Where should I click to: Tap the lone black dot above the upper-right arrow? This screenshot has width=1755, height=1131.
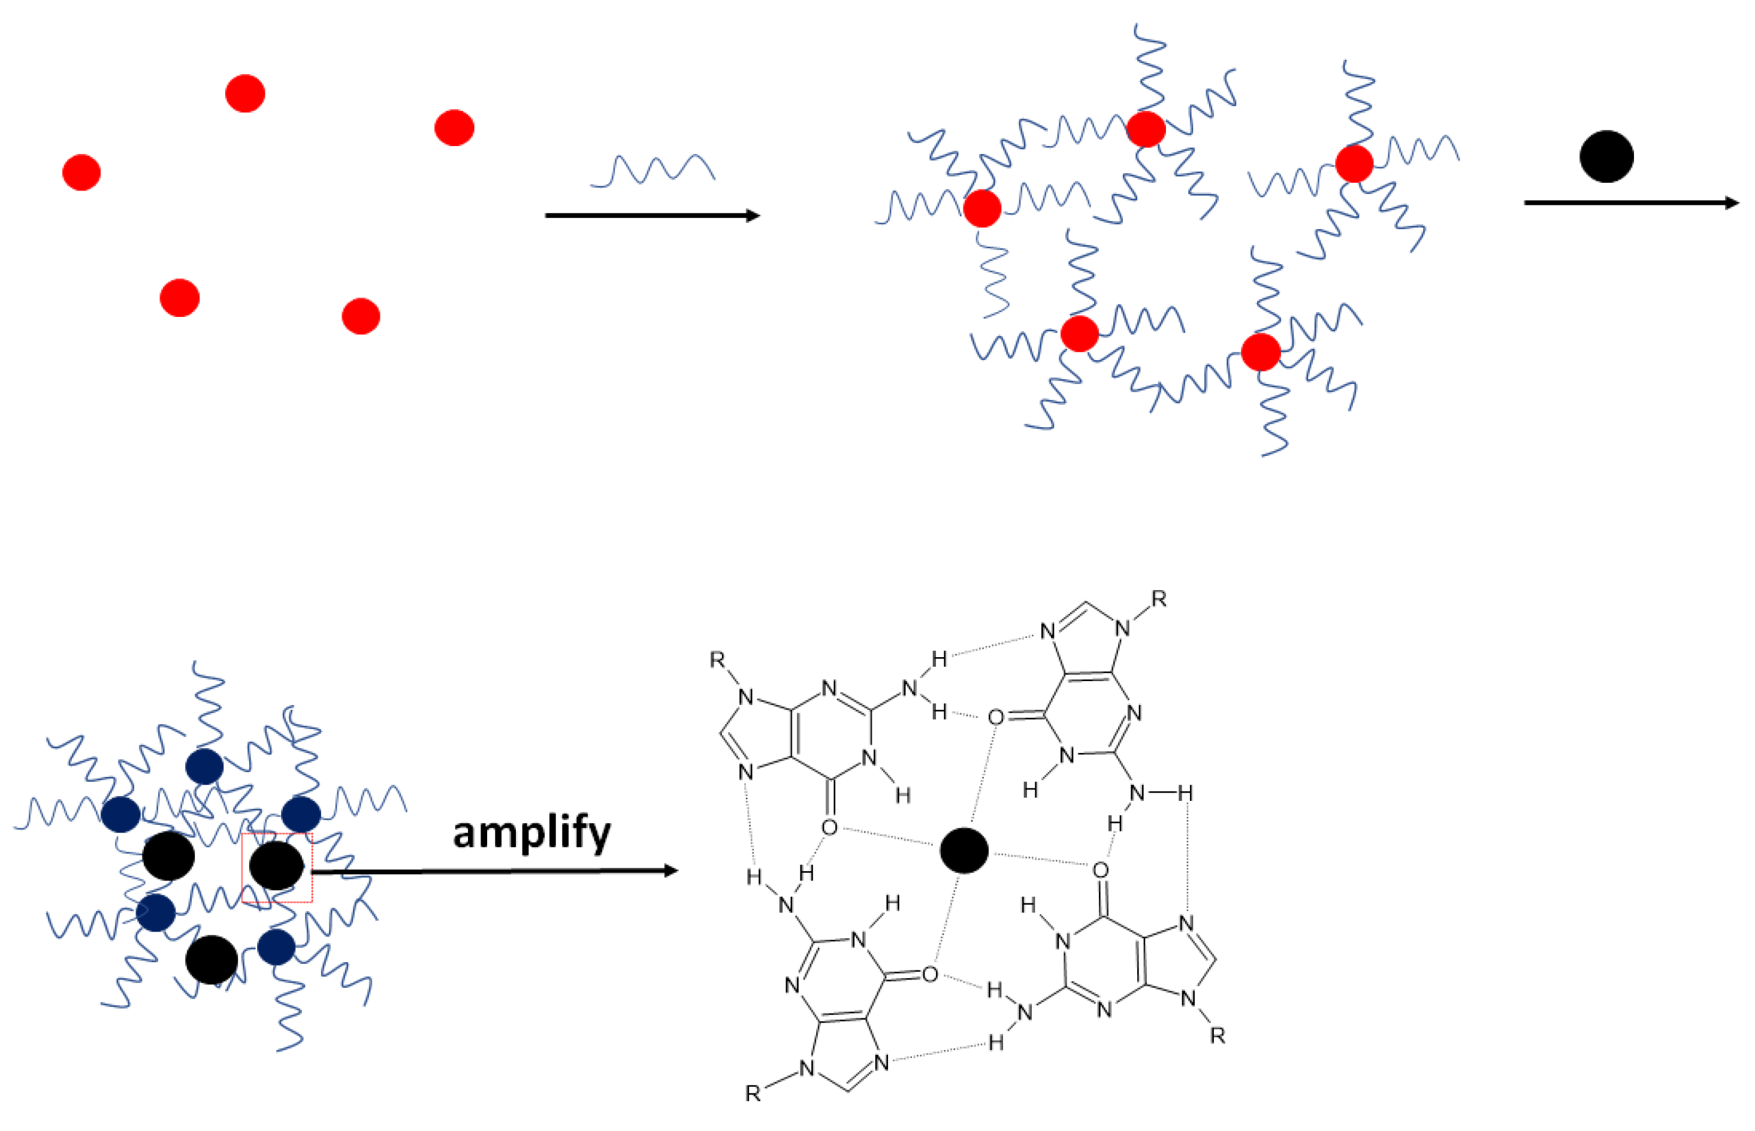[1606, 156]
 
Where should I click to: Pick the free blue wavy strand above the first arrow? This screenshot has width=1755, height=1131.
[653, 170]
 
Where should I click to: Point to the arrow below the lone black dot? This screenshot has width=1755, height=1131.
[1631, 202]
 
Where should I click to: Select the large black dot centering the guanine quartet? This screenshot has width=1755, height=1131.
[964, 851]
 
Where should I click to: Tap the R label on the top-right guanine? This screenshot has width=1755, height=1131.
[1158, 599]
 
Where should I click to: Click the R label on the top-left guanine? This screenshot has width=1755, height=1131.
[717, 660]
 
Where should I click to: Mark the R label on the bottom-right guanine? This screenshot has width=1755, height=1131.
[1218, 1036]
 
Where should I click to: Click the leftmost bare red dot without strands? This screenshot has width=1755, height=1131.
[81, 173]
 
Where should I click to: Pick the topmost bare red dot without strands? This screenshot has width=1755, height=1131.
[244, 93]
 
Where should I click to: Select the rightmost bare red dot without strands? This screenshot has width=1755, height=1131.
[454, 128]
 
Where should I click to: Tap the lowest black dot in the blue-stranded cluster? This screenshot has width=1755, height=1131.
[212, 960]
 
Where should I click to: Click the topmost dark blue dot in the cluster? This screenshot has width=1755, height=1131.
[204, 767]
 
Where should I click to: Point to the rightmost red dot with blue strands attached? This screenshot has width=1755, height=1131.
[1354, 163]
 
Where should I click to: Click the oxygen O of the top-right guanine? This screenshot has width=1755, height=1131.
[995, 717]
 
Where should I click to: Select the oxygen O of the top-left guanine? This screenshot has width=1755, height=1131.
[829, 828]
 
